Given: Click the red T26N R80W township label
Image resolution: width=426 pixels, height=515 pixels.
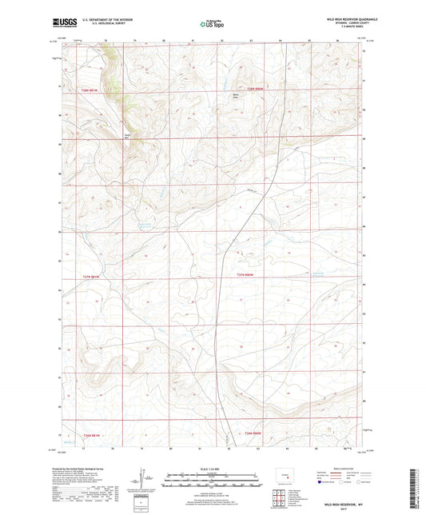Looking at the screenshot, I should [254, 88].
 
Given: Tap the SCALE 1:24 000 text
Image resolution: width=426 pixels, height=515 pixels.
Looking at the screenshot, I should [213, 468].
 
